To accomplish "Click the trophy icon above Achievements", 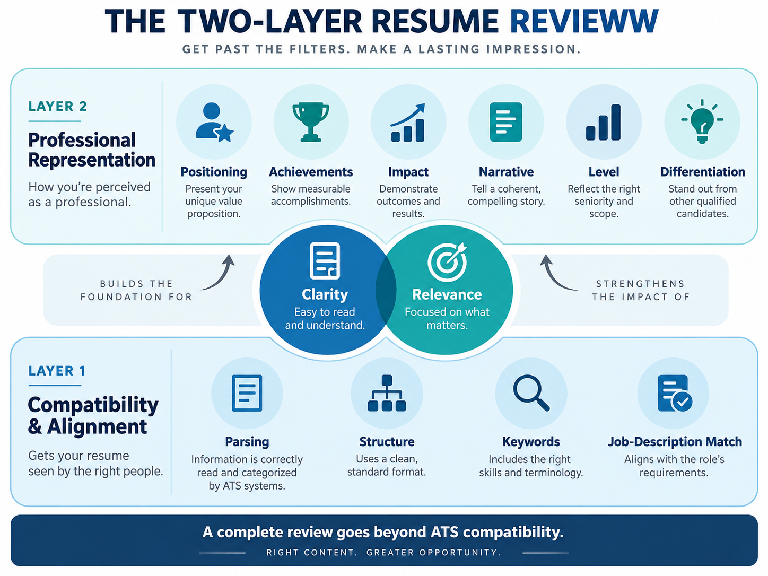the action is (311, 121).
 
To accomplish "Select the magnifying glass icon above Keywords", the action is (531, 392).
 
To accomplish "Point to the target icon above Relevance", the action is (448, 261).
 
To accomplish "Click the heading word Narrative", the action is (506, 172).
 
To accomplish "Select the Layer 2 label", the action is (58, 106).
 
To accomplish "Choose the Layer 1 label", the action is (57, 371).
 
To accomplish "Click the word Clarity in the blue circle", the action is (325, 294).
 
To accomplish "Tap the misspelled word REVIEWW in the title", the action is (584, 21).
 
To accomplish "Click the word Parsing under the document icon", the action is (247, 442).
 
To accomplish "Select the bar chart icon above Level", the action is (604, 122).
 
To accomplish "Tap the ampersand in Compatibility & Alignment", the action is (35, 426).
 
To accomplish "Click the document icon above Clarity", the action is (325, 260).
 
